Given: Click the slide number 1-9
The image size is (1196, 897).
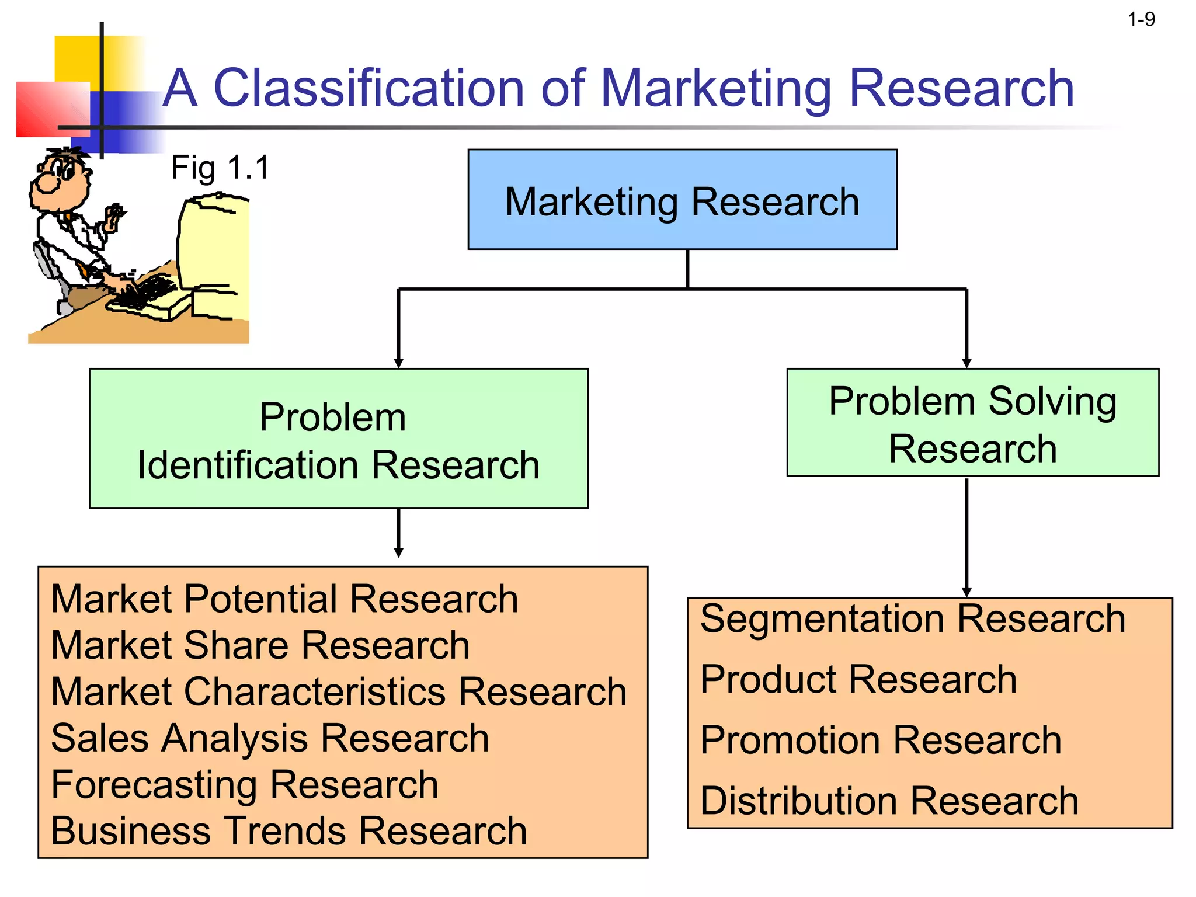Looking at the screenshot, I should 1141,20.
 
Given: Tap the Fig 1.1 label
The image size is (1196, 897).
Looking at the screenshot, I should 220,168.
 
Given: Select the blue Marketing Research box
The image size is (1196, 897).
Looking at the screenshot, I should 682,200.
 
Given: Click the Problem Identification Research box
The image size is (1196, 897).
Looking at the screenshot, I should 339,439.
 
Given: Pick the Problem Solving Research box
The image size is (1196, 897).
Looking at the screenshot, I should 972,423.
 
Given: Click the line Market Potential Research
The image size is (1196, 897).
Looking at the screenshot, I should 284,599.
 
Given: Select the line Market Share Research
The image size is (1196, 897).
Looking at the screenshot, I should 260,645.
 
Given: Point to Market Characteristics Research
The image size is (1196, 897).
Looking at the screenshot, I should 339,692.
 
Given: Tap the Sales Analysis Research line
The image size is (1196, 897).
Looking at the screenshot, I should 270,738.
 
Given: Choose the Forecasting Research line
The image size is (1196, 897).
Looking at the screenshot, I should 244,784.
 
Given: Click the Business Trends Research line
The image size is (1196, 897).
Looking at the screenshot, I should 288,831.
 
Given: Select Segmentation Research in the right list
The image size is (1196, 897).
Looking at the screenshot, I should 912,618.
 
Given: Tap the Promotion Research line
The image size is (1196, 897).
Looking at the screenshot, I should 880,740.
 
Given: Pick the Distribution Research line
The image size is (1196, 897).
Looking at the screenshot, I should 889,801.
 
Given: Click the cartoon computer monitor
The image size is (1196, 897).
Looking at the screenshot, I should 214,245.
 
